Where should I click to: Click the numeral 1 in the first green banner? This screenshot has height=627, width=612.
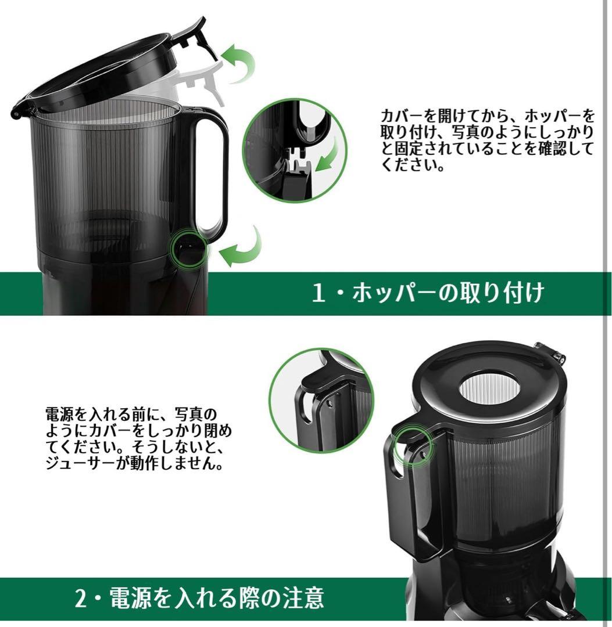point(317,293)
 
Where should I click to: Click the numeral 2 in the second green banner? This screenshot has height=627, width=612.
point(80,597)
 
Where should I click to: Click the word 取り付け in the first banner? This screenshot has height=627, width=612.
point(499,293)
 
